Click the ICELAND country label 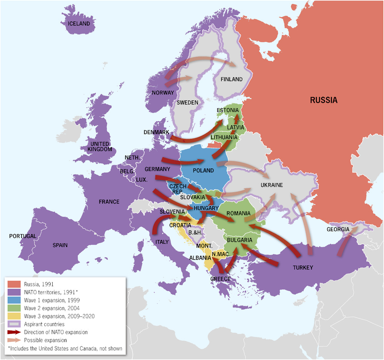79,24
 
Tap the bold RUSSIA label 324,101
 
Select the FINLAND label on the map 232,79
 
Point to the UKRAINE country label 271,185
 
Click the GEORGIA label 338,230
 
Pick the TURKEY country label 303,268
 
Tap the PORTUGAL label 23,236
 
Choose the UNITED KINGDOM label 100,147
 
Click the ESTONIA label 228,111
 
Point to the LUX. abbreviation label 142,179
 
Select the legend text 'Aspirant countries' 44,324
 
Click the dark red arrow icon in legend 14,332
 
